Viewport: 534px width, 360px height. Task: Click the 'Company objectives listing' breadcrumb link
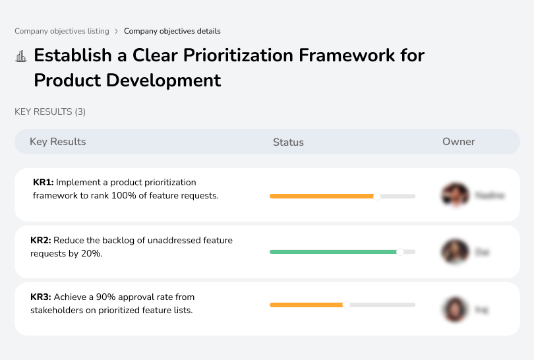pyautogui.click(x=61, y=31)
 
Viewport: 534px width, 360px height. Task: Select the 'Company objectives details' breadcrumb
pyautogui.click(x=172, y=31)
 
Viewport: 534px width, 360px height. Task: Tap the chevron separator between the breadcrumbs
pyautogui.click(x=117, y=31)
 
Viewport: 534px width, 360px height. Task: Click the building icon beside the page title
pyautogui.click(x=21, y=56)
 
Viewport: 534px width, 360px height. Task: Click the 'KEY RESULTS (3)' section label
pyautogui.click(x=50, y=112)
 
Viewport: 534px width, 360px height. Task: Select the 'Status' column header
pyautogui.click(x=288, y=142)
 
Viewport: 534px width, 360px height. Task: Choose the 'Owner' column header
pyautogui.click(x=458, y=142)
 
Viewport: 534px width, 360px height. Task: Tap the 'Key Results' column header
pyautogui.click(x=57, y=142)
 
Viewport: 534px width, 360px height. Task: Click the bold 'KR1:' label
pyautogui.click(x=43, y=182)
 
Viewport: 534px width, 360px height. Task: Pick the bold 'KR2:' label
pyautogui.click(x=40, y=241)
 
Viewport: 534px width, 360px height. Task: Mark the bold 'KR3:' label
pyautogui.click(x=40, y=297)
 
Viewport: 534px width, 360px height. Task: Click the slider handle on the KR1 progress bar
pyautogui.click(x=377, y=196)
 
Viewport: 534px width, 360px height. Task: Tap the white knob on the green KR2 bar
pyautogui.click(x=400, y=252)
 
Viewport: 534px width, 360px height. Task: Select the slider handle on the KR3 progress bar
pyautogui.click(x=346, y=305)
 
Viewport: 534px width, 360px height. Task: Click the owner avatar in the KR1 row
pyautogui.click(x=454, y=195)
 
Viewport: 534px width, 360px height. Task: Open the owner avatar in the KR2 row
pyautogui.click(x=454, y=252)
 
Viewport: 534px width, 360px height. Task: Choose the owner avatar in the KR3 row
pyautogui.click(x=454, y=309)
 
